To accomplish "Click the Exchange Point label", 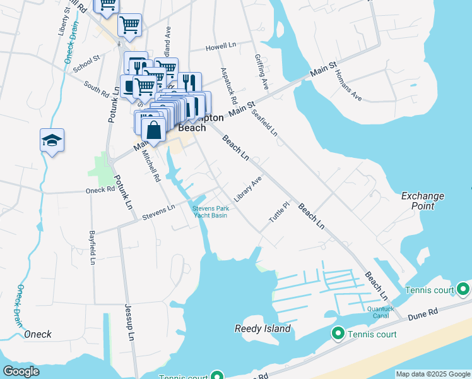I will pyautogui.click(x=423, y=201).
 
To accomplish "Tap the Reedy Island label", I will pyautogui.click(x=263, y=328).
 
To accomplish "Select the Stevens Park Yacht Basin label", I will pyautogui.click(x=209, y=212).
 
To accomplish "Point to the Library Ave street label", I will pyautogui.click(x=247, y=189).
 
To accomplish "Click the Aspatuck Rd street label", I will pyautogui.click(x=228, y=85).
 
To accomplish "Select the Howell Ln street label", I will pyautogui.click(x=220, y=48).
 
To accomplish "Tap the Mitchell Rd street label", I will pyautogui.click(x=151, y=166).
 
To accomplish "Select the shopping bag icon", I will pyautogui.click(x=153, y=130).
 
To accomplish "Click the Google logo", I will pyautogui.click(x=21, y=371).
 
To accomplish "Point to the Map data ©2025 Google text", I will pyautogui.click(x=432, y=374).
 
